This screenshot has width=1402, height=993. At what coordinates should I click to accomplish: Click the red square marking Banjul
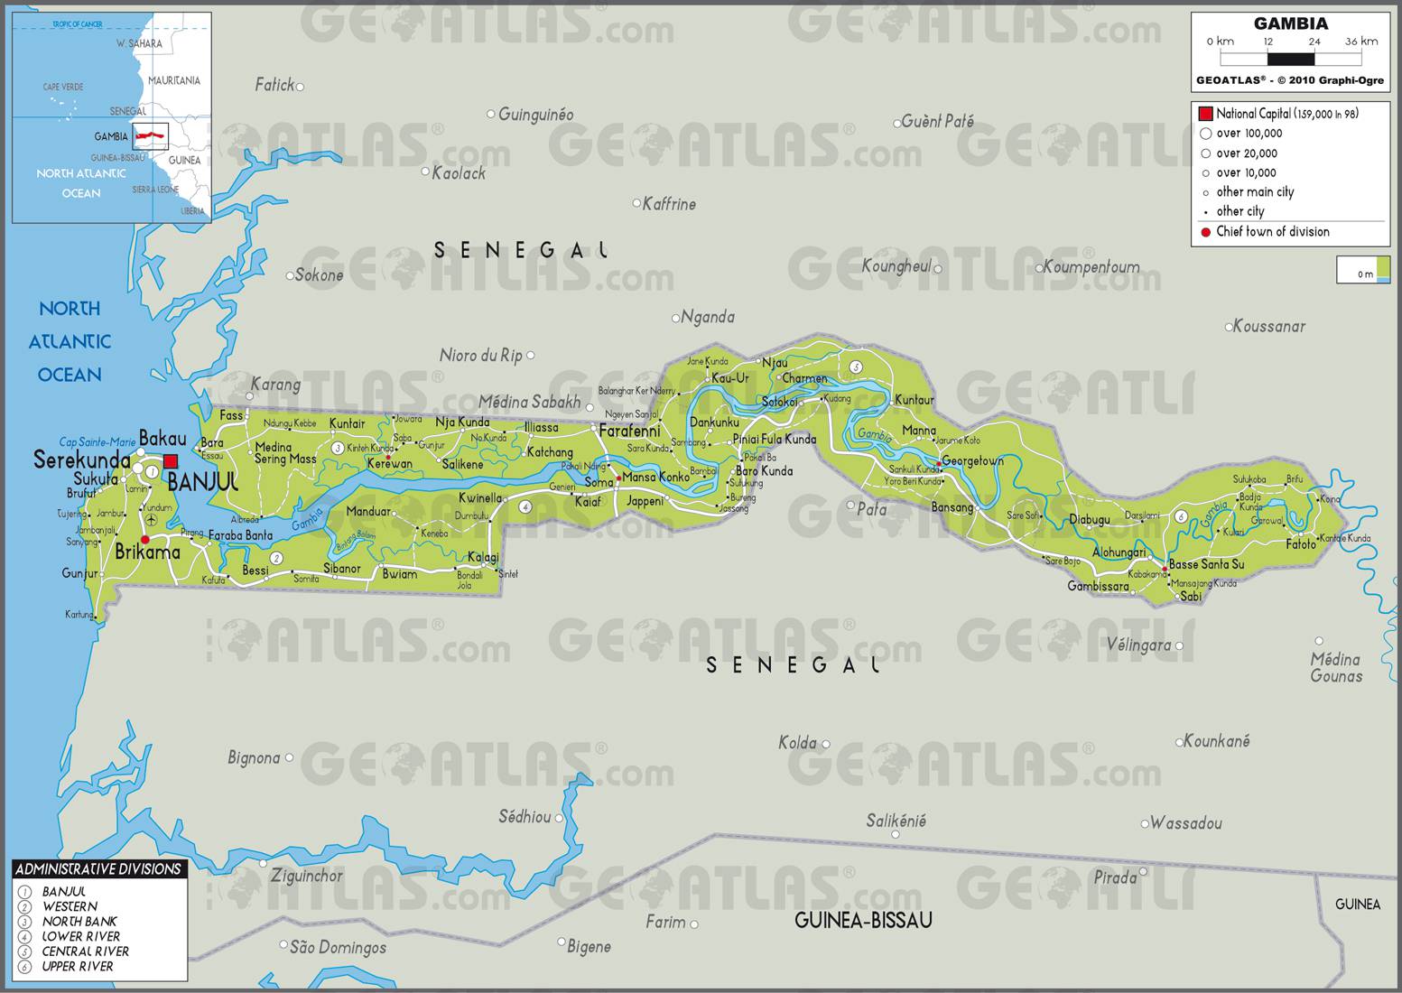(x=171, y=461)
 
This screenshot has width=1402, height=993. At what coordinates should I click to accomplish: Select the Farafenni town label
(x=629, y=432)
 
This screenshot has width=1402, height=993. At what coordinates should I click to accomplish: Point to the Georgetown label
(x=972, y=461)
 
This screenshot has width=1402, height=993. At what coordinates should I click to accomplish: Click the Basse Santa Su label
(x=1206, y=564)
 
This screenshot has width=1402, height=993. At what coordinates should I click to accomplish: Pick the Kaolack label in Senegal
(x=459, y=172)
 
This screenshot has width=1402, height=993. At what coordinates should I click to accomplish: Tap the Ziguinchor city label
(x=307, y=876)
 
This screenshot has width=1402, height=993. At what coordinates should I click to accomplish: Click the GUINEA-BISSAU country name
(x=862, y=920)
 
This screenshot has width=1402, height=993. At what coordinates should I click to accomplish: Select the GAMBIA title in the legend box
(x=1290, y=24)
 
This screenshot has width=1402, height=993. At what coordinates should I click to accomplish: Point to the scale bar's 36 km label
(x=1361, y=42)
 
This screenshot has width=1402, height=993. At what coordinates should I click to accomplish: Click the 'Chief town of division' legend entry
(x=1272, y=232)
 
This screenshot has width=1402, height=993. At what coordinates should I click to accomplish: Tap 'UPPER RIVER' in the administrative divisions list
(x=78, y=966)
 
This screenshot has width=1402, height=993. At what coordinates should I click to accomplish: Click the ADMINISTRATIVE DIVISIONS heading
(x=98, y=869)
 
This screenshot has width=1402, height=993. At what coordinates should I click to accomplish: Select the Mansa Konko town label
(x=655, y=477)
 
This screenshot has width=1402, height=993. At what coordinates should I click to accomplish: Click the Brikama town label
(x=147, y=552)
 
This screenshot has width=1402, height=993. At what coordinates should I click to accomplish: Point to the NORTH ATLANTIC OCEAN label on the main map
(x=70, y=341)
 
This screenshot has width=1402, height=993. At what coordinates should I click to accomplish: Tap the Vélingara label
(x=1138, y=645)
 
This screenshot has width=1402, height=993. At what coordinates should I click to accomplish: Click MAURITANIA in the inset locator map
(x=174, y=80)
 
